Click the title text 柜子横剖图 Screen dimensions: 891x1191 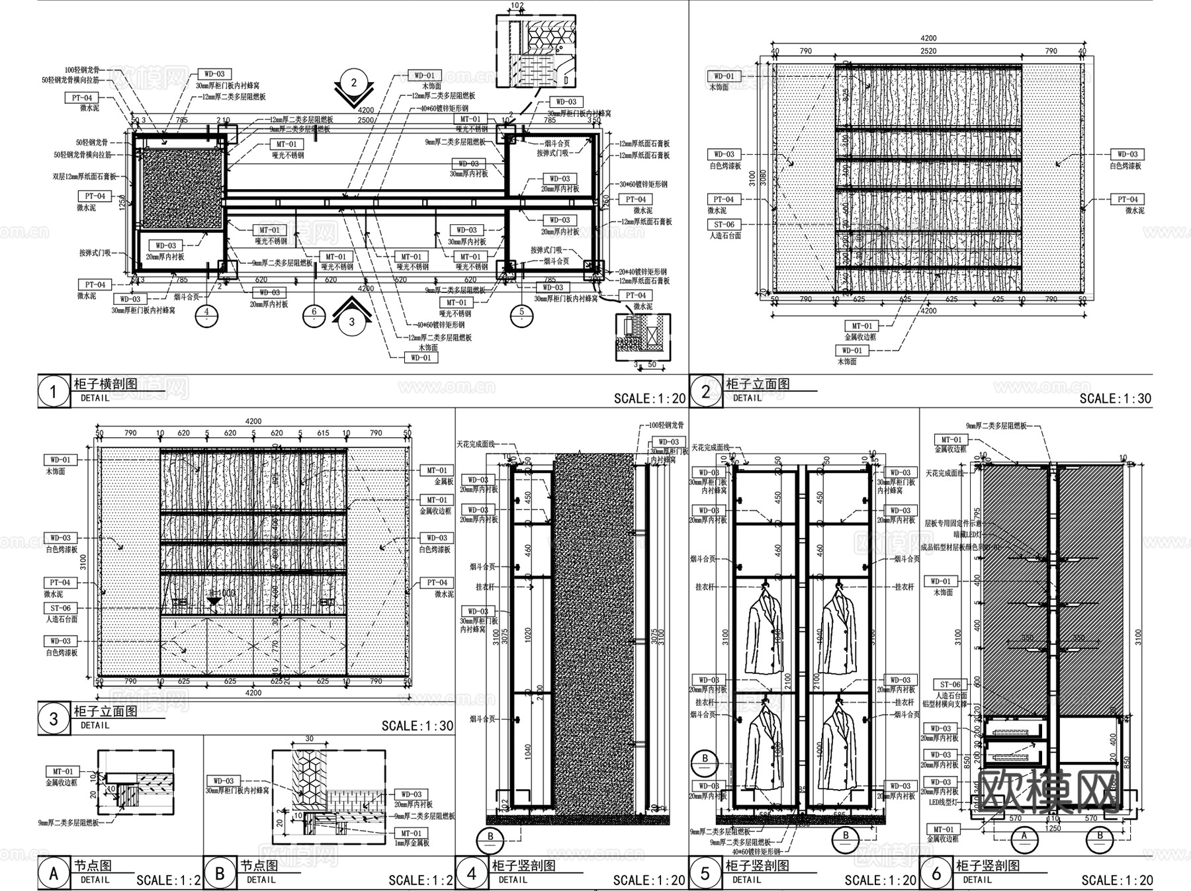coord(106,384)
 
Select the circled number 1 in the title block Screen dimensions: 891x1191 coord(53,392)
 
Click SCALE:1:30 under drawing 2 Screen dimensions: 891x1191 coord(1116,398)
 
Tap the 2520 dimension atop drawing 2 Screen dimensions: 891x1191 coord(928,51)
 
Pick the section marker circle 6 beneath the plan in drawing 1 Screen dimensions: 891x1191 coord(314,316)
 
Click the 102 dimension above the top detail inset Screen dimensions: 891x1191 coord(517,6)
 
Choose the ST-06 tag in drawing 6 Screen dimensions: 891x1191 coord(950,685)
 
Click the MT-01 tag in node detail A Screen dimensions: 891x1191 coord(63,771)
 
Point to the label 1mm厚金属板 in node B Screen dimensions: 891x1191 coord(412,843)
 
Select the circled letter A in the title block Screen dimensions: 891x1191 coord(53,873)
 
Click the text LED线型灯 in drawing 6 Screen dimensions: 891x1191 coord(943,802)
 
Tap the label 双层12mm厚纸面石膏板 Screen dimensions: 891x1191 coord(84,177)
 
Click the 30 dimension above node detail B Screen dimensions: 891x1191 coord(309,739)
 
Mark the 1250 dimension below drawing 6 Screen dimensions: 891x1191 coord(1052,827)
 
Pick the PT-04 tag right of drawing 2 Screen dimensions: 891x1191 coord(1127,199)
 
